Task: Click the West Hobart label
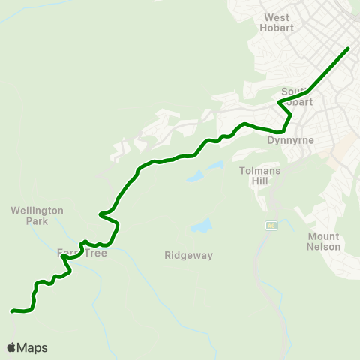click(x=277, y=22)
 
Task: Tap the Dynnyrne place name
click(x=284, y=139)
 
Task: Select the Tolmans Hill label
click(x=259, y=175)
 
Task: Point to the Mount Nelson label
click(x=324, y=241)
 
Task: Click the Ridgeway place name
click(x=188, y=255)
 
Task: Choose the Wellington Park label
click(x=37, y=216)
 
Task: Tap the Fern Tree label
click(x=82, y=253)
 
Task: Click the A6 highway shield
click(x=271, y=225)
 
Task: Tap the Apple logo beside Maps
click(x=11, y=347)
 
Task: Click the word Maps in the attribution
click(x=32, y=347)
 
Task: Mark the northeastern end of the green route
click(x=349, y=49)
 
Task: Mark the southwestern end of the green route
click(x=12, y=310)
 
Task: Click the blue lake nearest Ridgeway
click(x=200, y=226)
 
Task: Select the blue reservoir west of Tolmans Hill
click(x=195, y=178)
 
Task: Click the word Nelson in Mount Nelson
click(x=324, y=246)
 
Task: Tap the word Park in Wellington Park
click(x=37, y=221)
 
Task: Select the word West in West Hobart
click(x=277, y=17)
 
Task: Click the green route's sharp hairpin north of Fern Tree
click(x=100, y=215)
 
